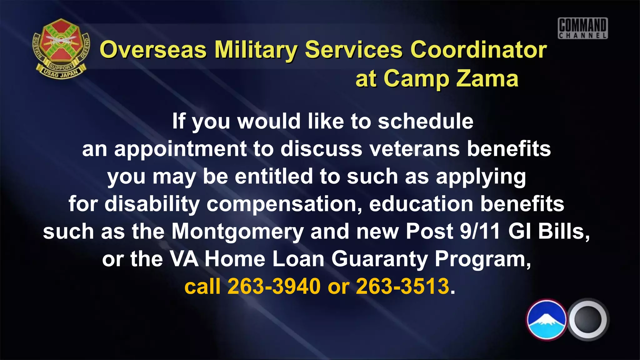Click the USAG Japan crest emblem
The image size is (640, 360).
[61, 48]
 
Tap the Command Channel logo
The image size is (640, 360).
[583, 28]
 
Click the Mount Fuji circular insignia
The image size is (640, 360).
[547, 319]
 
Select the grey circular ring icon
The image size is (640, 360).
[588, 319]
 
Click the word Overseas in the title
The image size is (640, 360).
[153, 50]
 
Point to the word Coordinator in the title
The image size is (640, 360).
[478, 50]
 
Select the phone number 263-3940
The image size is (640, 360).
[274, 286]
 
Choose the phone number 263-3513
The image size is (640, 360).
[402, 286]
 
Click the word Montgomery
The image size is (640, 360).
[237, 232]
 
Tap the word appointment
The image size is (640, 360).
[180, 149]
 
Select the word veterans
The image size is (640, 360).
[415, 149]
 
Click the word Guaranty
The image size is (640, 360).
[379, 259]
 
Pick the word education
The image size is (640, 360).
[421, 204]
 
